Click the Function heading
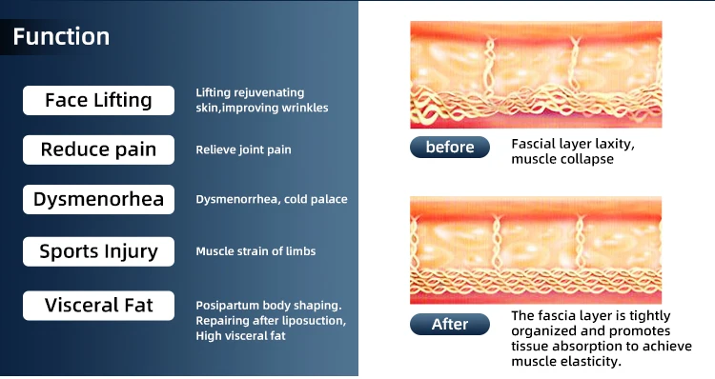(x=61, y=36)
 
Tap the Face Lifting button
(x=98, y=100)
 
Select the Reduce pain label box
(x=98, y=150)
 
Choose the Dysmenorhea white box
(x=98, y=199)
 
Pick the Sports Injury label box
(x=98, y=251)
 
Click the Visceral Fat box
(x=98, y=306)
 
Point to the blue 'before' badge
(x=450, y=148)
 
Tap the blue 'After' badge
(x=450, y=324)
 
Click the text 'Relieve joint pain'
(x=243, y=150)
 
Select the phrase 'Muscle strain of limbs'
(x=255, y=251)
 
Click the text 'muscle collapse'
(x=562, y=159)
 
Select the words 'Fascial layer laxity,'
(x=573, y=144)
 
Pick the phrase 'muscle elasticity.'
(x=566, y=361)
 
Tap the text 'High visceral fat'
(x=241, y=336)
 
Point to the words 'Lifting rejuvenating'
(x=250, y=92)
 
